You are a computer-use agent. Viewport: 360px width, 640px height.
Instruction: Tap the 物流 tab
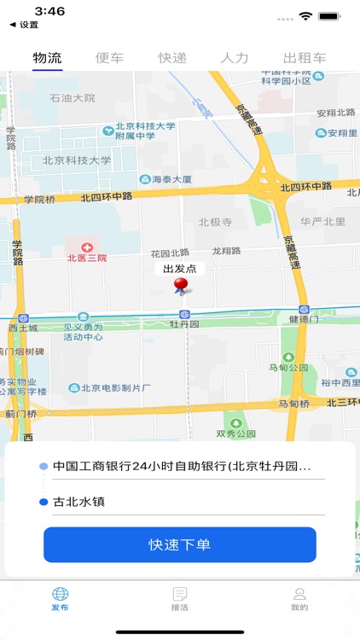pos(48,58)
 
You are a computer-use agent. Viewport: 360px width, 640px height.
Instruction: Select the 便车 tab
pos(109,58)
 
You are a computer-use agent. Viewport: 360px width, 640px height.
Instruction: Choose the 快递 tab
pos(172,58)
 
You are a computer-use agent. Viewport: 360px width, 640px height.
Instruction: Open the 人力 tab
pos(235,58)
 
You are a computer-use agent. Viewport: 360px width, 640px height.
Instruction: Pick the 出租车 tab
pos(305,58)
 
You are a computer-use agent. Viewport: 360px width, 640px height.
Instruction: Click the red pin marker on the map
pos(180,286)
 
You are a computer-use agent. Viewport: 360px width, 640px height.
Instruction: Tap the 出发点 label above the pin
pos(180,268)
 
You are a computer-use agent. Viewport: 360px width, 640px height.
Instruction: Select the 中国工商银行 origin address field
pos(181,467)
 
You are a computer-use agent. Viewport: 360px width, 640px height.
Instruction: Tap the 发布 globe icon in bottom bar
pos(60,594)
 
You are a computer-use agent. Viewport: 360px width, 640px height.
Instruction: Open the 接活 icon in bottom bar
pos(180,594)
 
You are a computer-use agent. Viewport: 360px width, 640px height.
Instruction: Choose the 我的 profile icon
pos(299,594)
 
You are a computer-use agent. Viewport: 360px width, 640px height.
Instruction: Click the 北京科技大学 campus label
pos(77,160)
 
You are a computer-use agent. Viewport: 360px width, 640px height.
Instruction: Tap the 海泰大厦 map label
pos(165,180)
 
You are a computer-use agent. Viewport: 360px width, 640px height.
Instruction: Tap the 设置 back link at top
pos(24,25)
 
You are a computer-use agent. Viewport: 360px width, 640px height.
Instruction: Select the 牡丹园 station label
pos(183,324)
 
